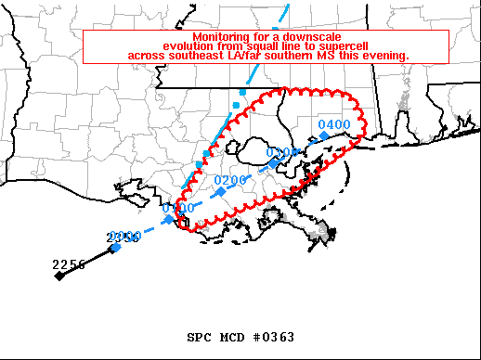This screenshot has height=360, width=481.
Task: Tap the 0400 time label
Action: tap(333, 125)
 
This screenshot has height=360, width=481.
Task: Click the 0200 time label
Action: tap(229, 180)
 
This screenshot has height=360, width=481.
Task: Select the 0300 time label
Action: tap(281, 153)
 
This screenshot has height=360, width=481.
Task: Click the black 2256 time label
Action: tap(69, 264)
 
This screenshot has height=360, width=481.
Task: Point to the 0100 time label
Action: tap(177, 209)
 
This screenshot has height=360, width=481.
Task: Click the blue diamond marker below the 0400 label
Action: tap(324, 136)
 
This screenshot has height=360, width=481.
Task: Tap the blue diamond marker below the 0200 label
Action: tap(221, 191)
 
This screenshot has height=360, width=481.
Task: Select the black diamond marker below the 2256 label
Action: tap(58, 276)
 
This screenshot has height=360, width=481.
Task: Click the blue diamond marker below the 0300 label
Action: tap(273, 164)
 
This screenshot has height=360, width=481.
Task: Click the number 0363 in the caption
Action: tap(276, 337)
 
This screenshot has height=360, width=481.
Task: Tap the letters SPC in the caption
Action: tap(199, 337)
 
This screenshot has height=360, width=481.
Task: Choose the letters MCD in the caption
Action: tap(229, 337)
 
